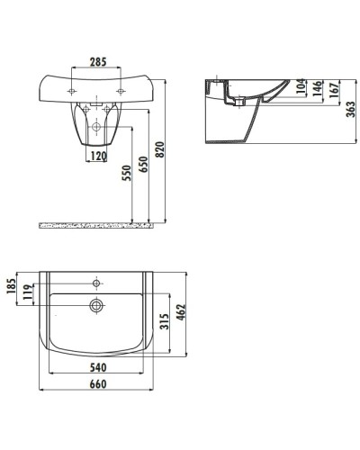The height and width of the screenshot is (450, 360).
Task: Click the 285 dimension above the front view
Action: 98,62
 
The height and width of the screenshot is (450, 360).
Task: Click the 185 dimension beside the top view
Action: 12,288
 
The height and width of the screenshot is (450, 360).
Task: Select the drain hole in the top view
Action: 95,305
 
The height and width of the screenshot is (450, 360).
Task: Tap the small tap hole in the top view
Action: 95,283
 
